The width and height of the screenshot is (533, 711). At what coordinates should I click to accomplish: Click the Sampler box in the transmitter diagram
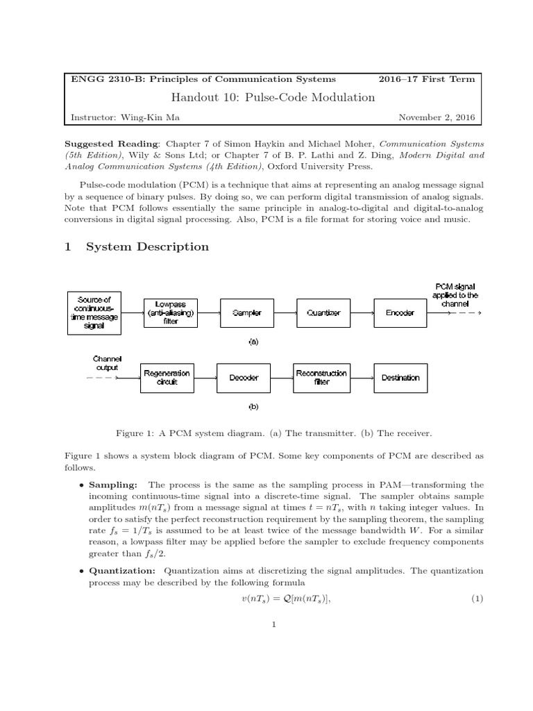point(247,312)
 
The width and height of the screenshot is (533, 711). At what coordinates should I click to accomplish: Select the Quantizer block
point(323,312)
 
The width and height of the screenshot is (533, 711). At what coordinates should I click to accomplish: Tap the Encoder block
point(400,312)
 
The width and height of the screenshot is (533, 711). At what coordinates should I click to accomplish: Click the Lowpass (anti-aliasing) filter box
point(171,312)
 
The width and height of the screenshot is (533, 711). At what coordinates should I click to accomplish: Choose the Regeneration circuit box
point(167,378)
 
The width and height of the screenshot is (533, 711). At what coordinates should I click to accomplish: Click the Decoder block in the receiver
point(244,378)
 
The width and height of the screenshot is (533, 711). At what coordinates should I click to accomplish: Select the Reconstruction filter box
point(321,378)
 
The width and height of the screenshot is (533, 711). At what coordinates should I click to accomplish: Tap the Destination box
point(400,378)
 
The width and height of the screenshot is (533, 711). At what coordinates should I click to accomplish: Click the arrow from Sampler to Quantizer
point(285,312)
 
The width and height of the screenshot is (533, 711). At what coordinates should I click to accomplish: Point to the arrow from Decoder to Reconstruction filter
point(282,378)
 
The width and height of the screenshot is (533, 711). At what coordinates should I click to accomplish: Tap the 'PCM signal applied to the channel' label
point(456,295)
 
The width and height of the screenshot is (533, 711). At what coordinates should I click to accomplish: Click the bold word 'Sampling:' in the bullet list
point(113,484)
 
